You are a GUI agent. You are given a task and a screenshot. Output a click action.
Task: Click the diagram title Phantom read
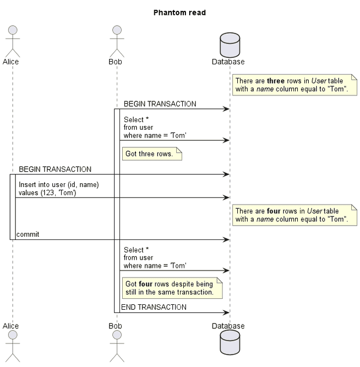point(179,13)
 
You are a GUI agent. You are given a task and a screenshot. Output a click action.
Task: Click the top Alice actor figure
point(11,41)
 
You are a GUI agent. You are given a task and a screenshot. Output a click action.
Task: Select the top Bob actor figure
point(116,41)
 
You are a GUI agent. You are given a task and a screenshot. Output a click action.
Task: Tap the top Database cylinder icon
point(229,44)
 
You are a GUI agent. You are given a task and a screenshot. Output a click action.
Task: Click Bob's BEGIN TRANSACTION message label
point(160,104)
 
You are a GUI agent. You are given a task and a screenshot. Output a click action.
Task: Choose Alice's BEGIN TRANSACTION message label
point(55,170)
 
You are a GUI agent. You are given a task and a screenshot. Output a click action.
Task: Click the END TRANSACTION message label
point(154,308)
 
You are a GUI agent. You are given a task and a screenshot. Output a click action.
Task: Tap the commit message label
point(28,234)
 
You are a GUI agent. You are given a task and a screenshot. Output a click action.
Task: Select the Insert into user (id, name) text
point(59,185)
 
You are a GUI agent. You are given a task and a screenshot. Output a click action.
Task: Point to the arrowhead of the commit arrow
point(226,239)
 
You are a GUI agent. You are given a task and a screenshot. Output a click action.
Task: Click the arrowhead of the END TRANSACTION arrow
point(226,312)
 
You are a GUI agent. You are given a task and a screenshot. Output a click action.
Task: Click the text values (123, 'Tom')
point(47,192)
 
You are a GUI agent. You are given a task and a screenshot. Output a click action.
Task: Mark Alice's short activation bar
point(13,207)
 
